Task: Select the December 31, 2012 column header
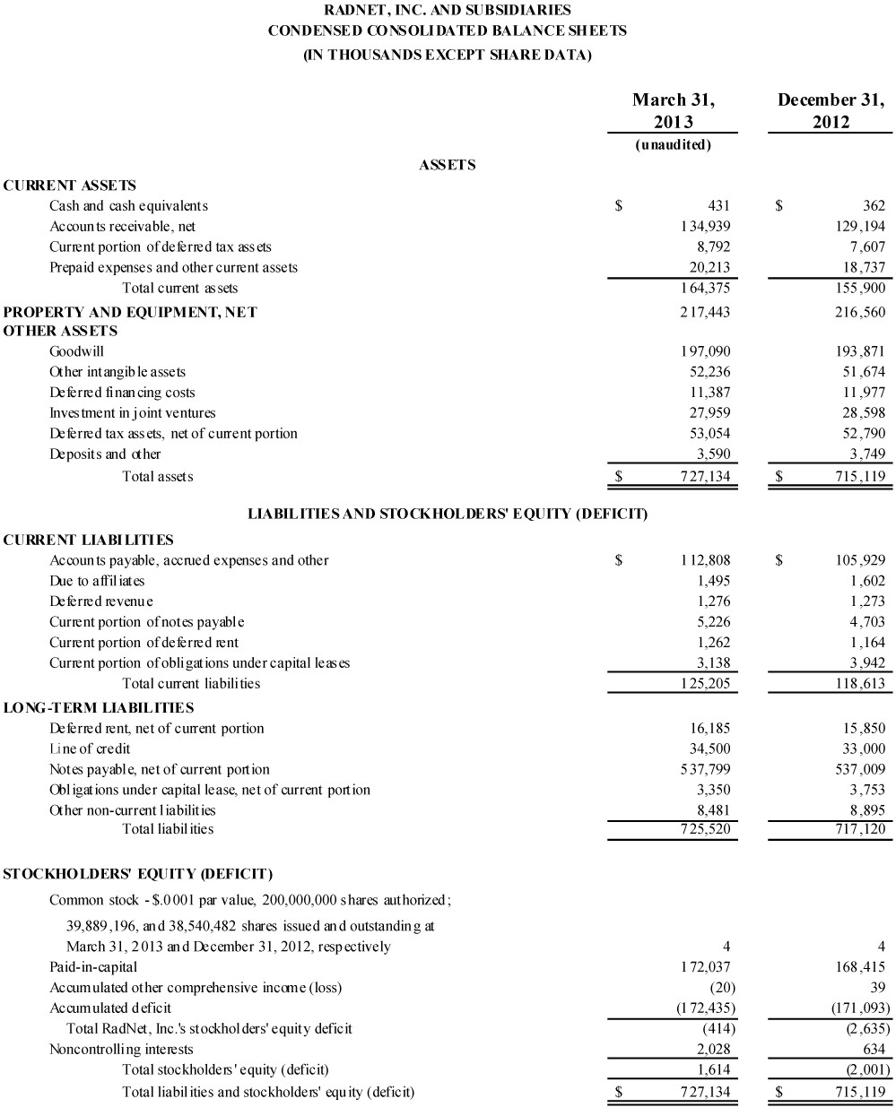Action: pos(831,110)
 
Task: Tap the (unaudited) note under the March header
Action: pos(673,144)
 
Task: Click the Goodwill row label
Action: pos(76,351)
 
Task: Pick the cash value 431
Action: pos(719,205)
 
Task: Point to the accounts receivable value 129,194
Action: pos(860,226)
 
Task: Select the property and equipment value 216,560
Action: pos(860,311)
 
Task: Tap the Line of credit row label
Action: pos(90,748)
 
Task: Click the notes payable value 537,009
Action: pos(860,769)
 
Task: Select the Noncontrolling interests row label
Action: pos(121,1049)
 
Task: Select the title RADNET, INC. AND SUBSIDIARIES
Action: pos(448,11)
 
